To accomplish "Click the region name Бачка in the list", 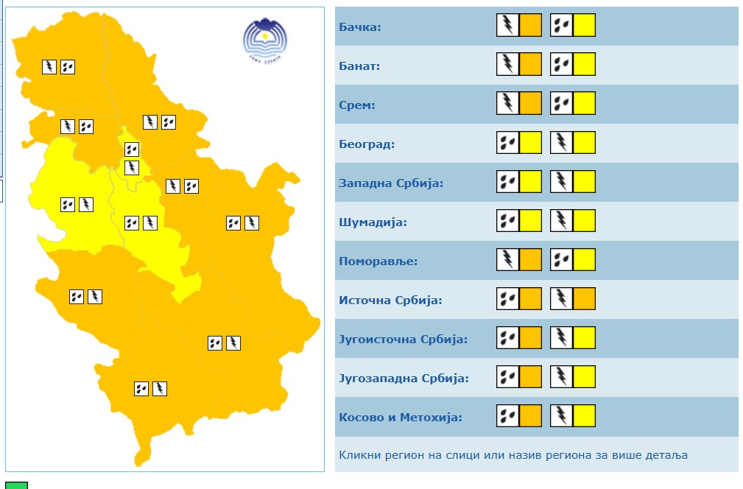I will coord(359,27).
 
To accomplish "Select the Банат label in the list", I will coord(359,66).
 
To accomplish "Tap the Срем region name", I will coord(357,105).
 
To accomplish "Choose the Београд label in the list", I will coord(367,144).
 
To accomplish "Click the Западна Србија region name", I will coord(391,183).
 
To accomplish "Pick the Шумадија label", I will coord(373,222).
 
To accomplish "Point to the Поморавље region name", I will coord(378,261).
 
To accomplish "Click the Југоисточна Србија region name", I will coord(403,340).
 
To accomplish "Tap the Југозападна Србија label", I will coord(404,379).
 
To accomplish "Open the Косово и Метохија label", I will coord(400,418).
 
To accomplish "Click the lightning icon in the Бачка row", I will coord(507,26).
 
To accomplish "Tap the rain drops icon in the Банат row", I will coord(561,65).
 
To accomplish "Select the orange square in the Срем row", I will coord(531,104).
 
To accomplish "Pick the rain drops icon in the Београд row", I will coord(507,143).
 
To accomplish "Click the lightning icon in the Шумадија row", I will coord(561,221).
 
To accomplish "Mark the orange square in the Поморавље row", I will coord(531,260).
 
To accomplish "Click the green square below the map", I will coord(18,485).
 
